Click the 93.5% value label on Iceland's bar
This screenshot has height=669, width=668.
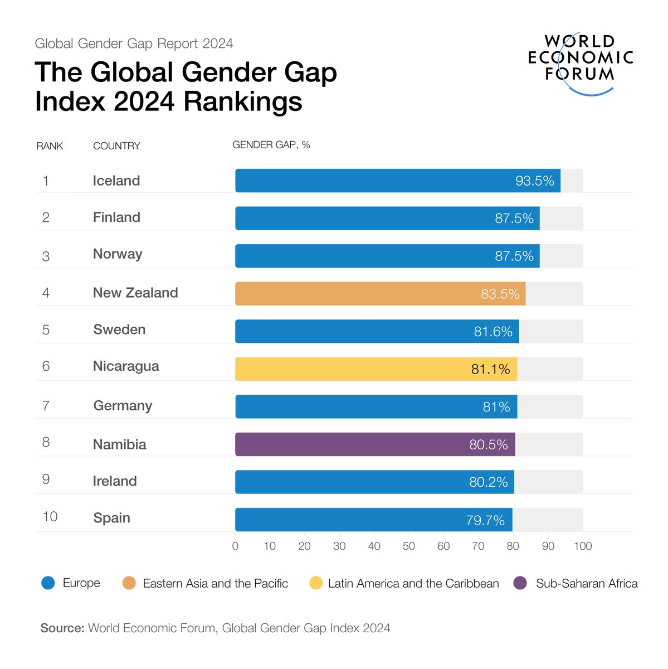(534, 181)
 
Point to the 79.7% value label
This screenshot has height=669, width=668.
(485, 520)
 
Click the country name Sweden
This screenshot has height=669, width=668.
(119, 329)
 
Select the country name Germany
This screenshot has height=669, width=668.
(123, 405)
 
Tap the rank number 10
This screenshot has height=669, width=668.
(50, 517)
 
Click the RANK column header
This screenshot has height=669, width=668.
(50, 146)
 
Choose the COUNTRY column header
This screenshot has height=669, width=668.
(116, 146)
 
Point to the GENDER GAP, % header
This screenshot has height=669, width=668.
(271, 145)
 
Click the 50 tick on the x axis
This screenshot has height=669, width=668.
(409, 546)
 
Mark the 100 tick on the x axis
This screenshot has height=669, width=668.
(583, 546)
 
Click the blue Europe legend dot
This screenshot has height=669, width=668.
(48, 583)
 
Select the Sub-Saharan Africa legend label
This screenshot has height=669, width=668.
(587, 584)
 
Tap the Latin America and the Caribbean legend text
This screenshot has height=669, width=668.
(413, 584)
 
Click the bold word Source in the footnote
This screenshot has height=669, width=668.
(62, 628)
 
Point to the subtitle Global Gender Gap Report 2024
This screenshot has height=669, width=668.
(134, 43)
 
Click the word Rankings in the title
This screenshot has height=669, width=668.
(243, 101)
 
